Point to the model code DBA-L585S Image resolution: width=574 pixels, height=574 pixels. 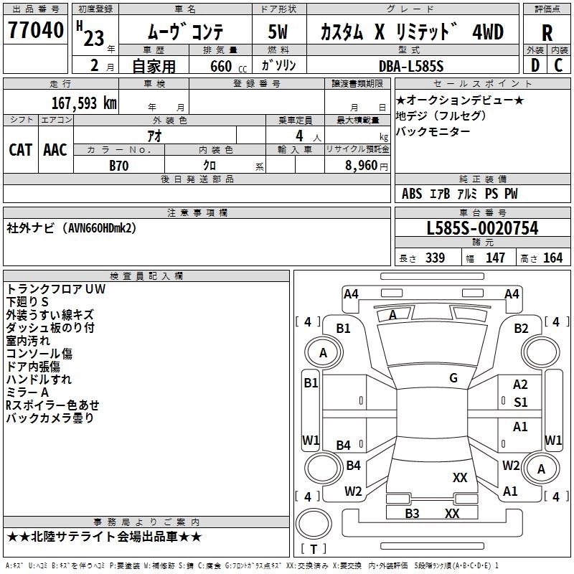coord(411,66)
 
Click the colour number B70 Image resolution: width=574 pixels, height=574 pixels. coord(119,165)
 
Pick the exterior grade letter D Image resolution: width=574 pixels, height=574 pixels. coord(535,65)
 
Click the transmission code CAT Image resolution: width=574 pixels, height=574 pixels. coord(21,149)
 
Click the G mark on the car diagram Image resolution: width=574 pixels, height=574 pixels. coord(453,377)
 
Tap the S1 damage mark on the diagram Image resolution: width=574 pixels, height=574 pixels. coord(521,403)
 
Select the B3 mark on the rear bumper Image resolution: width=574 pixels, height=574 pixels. coord(412,513)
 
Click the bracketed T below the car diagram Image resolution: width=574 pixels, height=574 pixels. coord(313,550)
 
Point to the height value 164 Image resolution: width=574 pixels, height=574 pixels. coord(552,258)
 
